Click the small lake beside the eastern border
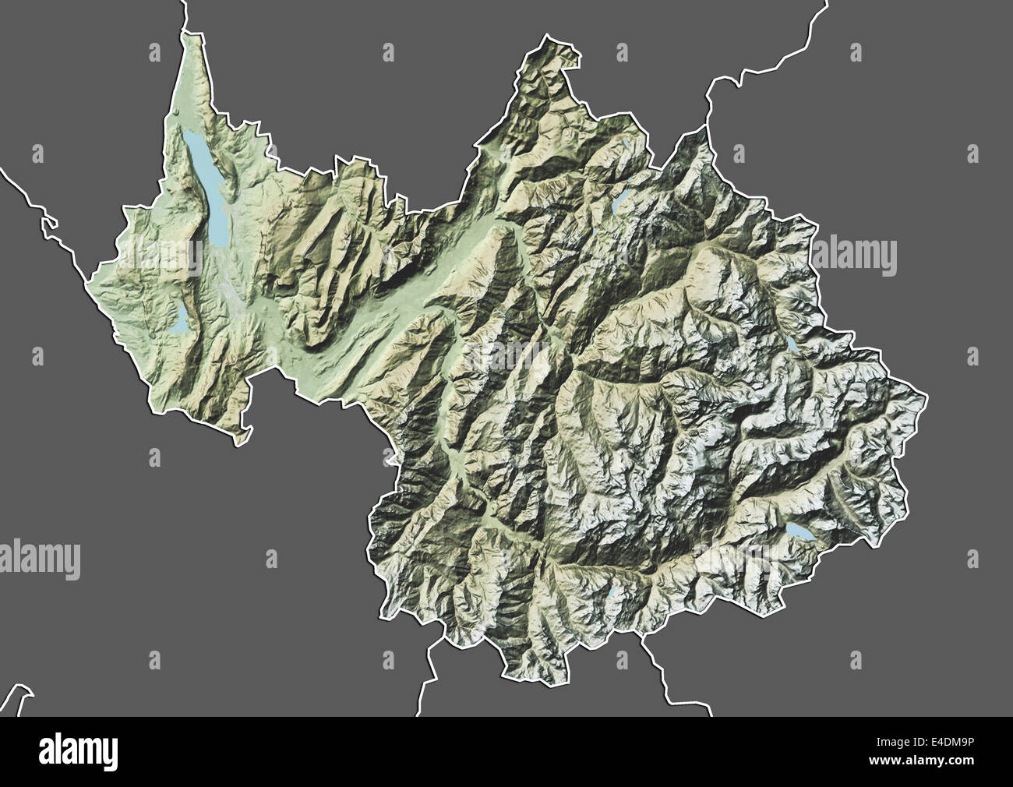click(792, 344)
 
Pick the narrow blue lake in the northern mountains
click(621, 200)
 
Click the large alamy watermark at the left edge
click(39, 559)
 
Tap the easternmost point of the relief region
click(926, 399)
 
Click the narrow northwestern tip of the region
click(188, 35)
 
